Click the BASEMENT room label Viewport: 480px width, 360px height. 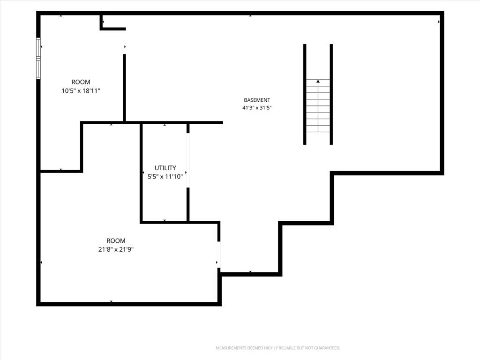point(257,100)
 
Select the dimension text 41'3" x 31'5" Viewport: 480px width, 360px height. point(257,108)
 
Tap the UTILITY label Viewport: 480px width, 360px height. point(165,168)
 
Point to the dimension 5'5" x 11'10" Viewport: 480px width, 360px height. point(165,177)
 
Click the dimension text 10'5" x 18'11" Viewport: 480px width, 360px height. point(81,91)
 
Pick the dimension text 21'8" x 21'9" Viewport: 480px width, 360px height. point(116,249)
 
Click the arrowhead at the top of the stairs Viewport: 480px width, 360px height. point(318,81)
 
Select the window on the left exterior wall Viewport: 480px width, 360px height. point(38,58)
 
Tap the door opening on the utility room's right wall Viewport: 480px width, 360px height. point(188,160)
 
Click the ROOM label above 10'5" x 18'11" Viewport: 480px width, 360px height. point(81,82)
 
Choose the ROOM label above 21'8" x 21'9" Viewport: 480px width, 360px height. point(116,240)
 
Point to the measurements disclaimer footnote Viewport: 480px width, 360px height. point(278,348)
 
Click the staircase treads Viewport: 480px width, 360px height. point(318,106)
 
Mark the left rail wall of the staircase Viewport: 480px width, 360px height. point(305,94)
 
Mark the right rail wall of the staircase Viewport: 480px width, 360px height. point(331,94)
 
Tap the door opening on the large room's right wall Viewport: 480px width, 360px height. point(219,255)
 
